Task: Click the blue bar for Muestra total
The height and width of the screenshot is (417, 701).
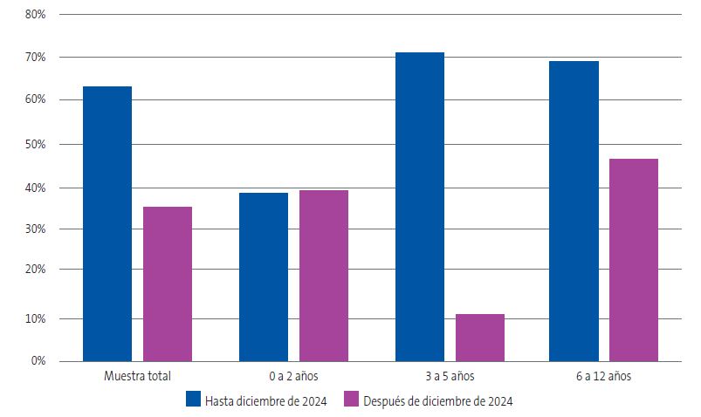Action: point(107,223)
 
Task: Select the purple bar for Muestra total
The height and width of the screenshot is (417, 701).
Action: point(168,284)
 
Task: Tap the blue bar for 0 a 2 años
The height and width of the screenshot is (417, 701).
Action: point(264,277)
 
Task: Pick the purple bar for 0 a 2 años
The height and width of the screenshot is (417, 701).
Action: point(324,275)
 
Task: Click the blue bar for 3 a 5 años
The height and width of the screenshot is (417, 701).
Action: point(420,206)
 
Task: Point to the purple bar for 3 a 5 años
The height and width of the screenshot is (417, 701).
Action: point(480,337)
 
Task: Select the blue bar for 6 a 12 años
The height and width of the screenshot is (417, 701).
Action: point(574,210)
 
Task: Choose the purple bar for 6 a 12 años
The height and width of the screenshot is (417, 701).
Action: point(634,259)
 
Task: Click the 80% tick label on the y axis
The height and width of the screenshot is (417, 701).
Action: point(37,15)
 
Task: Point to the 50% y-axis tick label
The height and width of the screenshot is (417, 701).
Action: point(37,144)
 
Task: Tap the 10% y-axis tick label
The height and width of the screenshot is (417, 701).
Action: point(37,318)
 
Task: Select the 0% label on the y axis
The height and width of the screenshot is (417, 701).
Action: point(39,360)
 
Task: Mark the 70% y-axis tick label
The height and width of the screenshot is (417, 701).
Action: point(37,58)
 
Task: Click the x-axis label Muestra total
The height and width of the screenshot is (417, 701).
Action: point(137,377)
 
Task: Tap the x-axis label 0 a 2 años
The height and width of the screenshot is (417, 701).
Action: point(293,377)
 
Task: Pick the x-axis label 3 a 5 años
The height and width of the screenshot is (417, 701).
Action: point(450,377)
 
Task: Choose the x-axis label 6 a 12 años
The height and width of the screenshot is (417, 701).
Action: point(603,377)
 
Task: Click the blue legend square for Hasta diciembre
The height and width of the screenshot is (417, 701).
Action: point(194,400)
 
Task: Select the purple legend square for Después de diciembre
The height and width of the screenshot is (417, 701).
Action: point(352,400)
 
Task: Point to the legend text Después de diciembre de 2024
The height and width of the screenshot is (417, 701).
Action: point(438,400)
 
